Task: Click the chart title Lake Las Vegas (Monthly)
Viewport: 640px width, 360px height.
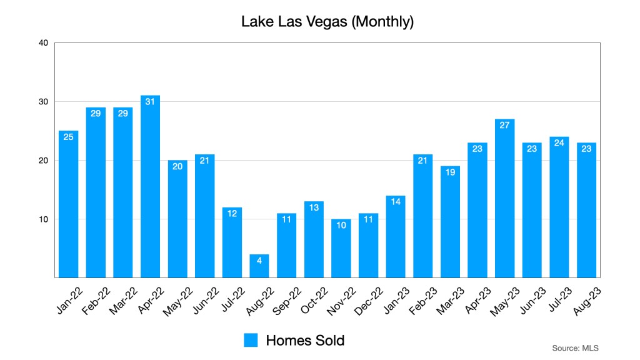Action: click(327, 22)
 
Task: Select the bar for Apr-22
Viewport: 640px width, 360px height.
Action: click(150, 187)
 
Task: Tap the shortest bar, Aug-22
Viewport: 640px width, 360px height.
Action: click(259, 266)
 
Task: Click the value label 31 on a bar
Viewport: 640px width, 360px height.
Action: click(150, 101)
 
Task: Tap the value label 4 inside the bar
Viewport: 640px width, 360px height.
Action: click(259, 260)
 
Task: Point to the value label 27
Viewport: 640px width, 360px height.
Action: click(504, 125)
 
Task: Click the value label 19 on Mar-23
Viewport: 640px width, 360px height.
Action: click(450, 172)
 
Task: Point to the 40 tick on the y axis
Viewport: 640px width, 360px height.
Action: click(43, 43)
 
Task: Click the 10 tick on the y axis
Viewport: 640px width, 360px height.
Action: click(43, 219)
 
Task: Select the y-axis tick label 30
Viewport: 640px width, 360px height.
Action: click(43, 102)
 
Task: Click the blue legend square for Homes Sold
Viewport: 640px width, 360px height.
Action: click(251, 340)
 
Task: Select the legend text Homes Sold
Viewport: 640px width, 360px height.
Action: click(305, 340)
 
